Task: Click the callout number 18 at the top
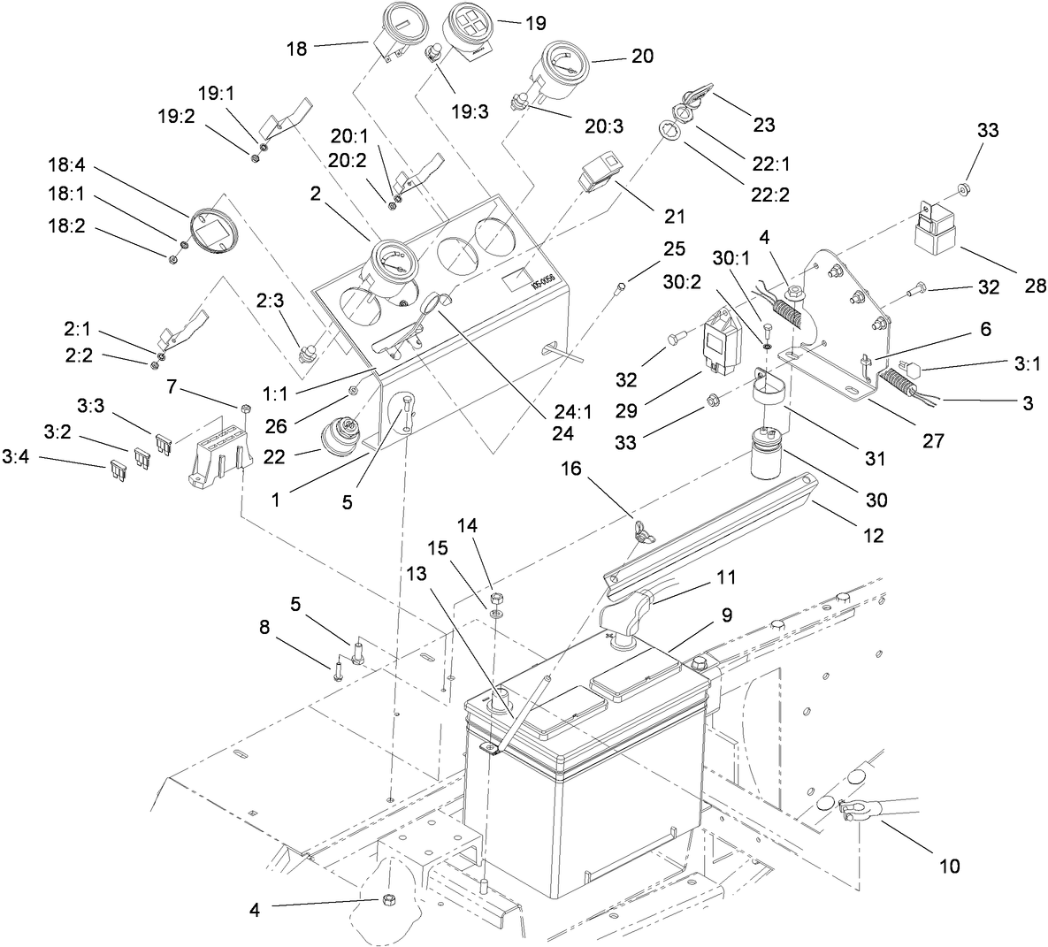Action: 297,49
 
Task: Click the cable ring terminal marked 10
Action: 854,808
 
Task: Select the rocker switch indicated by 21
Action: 599,175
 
